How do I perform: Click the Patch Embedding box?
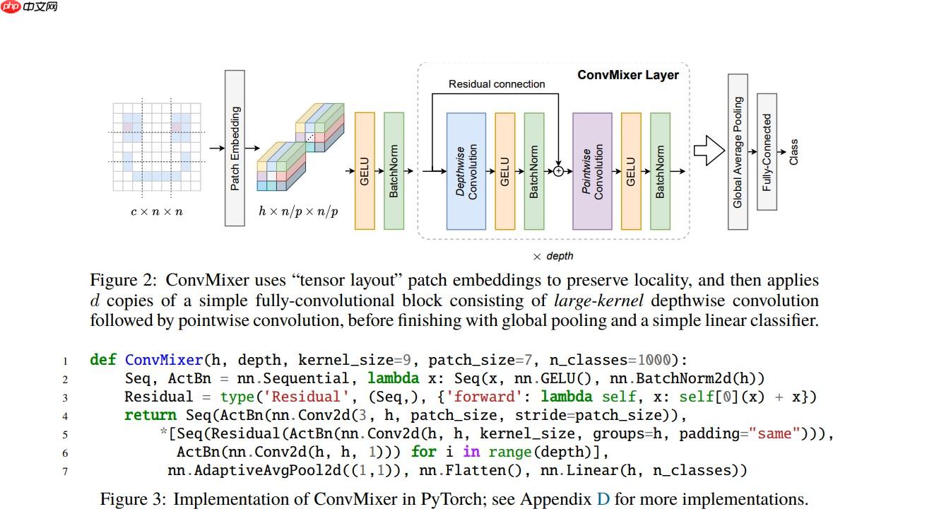pos(235,148)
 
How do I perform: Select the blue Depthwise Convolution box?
pos(466,171)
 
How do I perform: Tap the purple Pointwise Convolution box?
pos(592,171)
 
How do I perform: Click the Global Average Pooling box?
pos(738,151)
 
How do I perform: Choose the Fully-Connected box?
pos(767,151)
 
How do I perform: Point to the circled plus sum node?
pos(558,171)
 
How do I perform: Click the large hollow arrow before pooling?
pos(709,151)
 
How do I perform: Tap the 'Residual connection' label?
pos(497,84)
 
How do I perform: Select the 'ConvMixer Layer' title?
pos(627,75)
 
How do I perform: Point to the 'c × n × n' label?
pos(156,211)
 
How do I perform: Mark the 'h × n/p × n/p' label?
pos(297,211)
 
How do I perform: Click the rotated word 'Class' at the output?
pos(793,152)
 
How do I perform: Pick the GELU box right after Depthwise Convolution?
pos(504,171)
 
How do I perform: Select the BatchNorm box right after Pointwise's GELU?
pos(660,171)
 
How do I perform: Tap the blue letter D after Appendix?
pos(603,499)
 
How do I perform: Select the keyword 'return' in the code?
pos(150,415)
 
